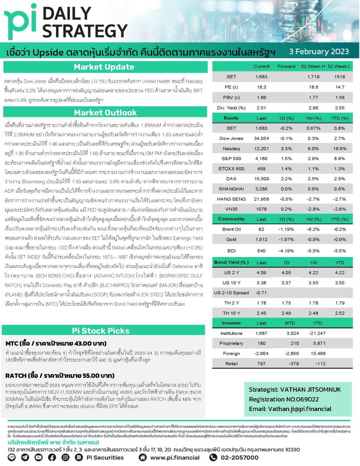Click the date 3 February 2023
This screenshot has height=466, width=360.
(319, 52)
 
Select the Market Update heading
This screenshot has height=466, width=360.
(104, 67)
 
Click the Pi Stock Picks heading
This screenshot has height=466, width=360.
(100, 331)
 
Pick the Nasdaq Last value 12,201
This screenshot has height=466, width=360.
(261, 149)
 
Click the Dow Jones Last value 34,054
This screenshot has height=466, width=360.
(261, 138)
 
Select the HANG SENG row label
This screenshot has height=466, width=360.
(231, 199)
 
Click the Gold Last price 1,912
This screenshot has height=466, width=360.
(261, 240)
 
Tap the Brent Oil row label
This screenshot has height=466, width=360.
(231, 229)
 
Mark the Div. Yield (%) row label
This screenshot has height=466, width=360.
(231, 108)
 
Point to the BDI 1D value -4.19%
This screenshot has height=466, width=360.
(286, 251)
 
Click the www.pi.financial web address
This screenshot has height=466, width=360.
(175, 458)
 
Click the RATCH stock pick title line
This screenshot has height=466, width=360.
(60, 375)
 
